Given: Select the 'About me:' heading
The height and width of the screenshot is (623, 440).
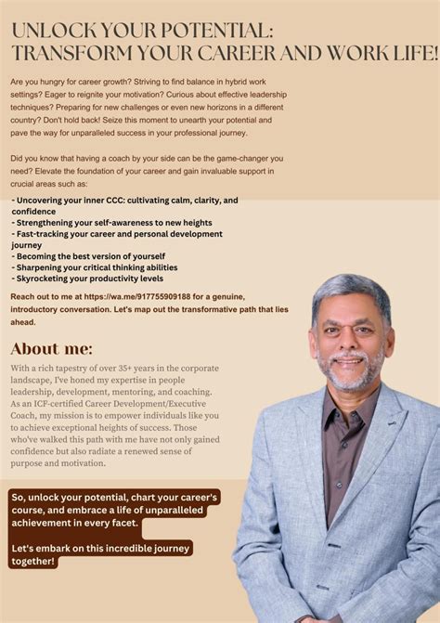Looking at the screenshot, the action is click(52, 349).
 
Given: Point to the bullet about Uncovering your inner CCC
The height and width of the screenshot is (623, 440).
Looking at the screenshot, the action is click(124, 200).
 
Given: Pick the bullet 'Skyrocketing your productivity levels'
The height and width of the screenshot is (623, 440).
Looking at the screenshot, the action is click(88, 278).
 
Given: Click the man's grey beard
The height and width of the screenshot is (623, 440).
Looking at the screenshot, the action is click(351, 377).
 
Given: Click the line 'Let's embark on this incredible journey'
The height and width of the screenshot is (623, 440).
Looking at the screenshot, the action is click(100, 549).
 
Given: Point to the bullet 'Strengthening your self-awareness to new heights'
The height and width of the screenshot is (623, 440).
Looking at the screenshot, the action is click(112, 222).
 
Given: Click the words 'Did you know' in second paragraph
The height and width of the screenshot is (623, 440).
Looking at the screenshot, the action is click(36, 159).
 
